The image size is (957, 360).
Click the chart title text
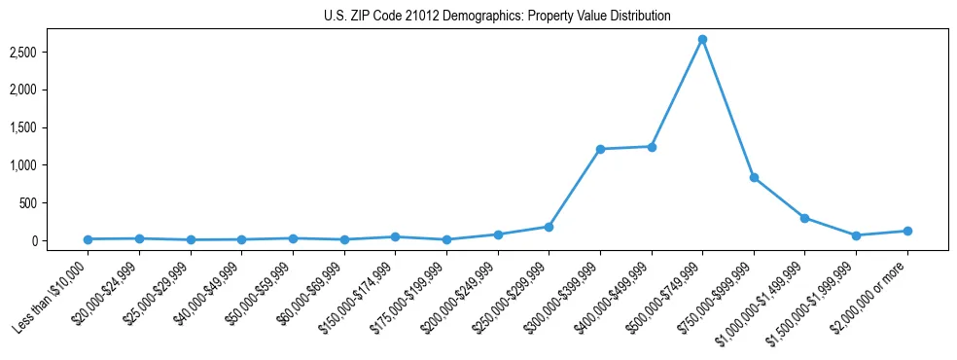pos(497,17)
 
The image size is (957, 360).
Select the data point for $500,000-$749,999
pos(702,40)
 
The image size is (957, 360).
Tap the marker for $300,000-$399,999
pos(600,149)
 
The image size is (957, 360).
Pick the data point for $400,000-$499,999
pos(652,147)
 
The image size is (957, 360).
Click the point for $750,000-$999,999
pos(754,178)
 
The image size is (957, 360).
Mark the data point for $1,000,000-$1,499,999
pos(804,218)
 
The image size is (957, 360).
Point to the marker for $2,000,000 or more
pos(906,231)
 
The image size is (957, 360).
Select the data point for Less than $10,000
pos(89,239)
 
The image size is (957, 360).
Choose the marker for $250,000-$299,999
pos(549,227)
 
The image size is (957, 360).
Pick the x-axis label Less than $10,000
pos(53,295)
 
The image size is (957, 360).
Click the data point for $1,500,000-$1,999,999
pos(856,235)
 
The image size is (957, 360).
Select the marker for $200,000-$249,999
pos(498,234)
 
